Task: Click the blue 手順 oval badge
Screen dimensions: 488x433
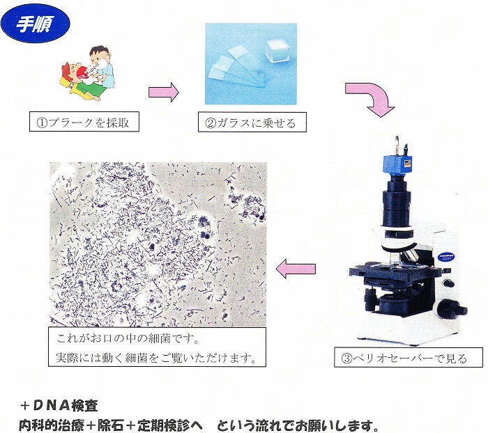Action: pyautogui.click(x=35, y=24)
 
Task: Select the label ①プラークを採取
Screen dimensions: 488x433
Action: pyautogui.click(x=84, y=122)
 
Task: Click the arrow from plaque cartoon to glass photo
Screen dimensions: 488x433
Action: pyautogui.click(x=164, y=93)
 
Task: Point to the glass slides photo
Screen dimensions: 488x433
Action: pyautogui.click(x=251, y=64)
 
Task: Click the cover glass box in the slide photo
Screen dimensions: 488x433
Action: pyautogui.click(x=277, y=50)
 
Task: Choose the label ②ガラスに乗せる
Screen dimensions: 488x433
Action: pyautogui.click(x=252, y=123)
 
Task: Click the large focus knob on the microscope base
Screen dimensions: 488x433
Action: pyautogui.click(x=452, y=309)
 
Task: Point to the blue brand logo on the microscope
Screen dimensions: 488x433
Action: pyautogui.click(x=447, y=255)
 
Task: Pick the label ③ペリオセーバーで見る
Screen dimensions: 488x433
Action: pyautogui.click(x=409, y=357)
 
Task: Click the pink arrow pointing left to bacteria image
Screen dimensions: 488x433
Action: pyautogui.click(x=296, y=269)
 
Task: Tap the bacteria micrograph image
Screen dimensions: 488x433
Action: pyautogui.click(x=158, y=244)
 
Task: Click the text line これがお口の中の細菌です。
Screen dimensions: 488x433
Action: pyautogui.click(x=128, y=339)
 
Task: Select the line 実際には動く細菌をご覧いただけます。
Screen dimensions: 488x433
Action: pyautogui.click(x=156, y=358)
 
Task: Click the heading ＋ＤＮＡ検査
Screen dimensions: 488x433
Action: pyautogui.click(x=59, y=405)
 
